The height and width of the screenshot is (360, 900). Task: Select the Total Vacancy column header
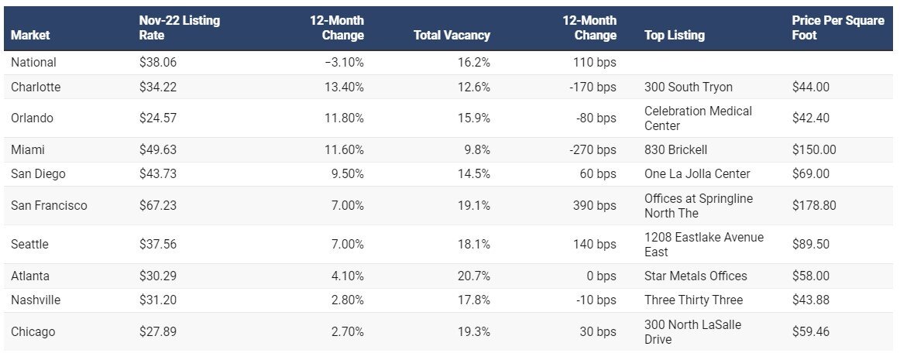tap(452, 35)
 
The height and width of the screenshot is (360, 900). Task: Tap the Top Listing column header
tap(674, 35)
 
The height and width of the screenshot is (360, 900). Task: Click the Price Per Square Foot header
tap(837, 28)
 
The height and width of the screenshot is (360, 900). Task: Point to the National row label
tap(33, 62)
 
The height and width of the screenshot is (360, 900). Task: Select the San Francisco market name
tap(49, 205)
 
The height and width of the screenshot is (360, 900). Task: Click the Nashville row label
tap(36, 300)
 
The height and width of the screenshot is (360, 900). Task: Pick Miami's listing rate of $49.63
tap(158, 149)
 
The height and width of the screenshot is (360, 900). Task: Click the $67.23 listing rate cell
tap(158, 205)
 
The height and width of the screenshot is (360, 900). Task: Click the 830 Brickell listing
tap(675, 149)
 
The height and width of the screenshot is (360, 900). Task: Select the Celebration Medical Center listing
tap(697, 118)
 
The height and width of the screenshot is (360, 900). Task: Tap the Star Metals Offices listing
tap(696, 276)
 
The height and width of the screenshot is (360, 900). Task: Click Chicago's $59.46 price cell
tap(810, 331)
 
